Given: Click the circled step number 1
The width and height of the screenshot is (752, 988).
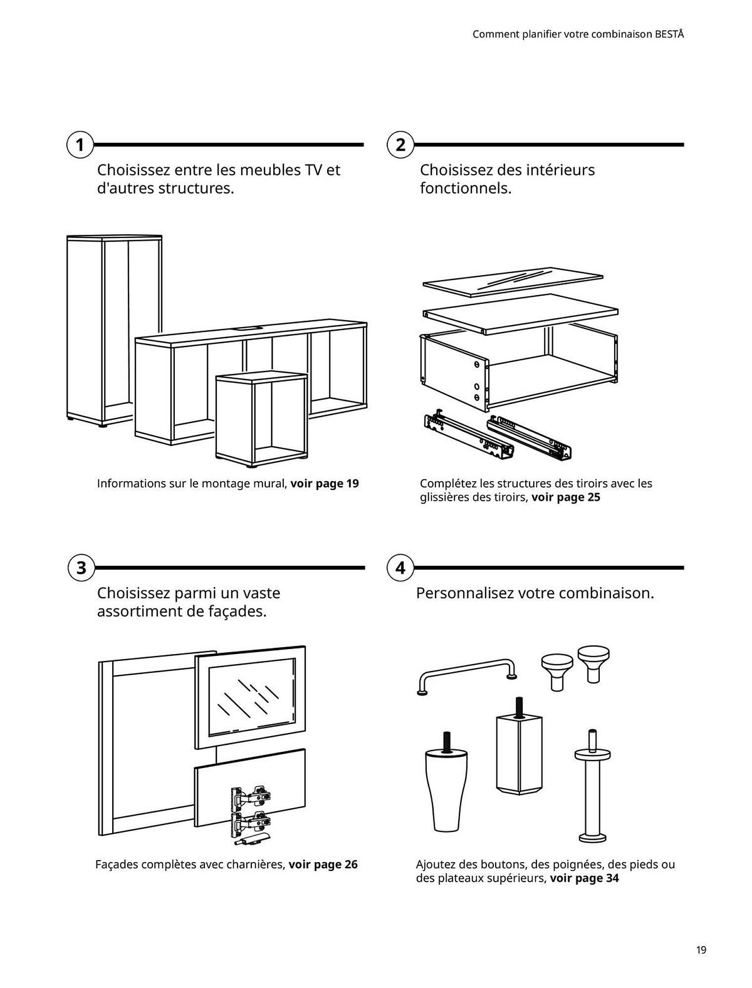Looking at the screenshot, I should (x=80, y=145).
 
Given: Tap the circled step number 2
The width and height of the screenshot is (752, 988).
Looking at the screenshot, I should (x=400, y=145).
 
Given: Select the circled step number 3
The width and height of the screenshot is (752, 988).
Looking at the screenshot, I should (x=81, y=568).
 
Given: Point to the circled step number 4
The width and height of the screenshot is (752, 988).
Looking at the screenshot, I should (x=400, y=568).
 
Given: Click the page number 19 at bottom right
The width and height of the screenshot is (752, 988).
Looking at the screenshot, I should (x=701, y=950).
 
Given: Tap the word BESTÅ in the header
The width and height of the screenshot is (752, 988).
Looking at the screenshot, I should (x=669, y=34).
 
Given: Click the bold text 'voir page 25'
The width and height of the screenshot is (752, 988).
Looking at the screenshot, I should (x=565, y=497).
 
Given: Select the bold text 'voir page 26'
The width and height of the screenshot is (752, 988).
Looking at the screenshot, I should (x=323, y=864).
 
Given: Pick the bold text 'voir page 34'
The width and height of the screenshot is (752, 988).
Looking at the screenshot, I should (x=584, y=878).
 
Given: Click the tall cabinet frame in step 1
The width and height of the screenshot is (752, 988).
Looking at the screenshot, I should (x=115, y=326).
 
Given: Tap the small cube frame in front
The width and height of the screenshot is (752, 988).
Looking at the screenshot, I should (x=262, y=420).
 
